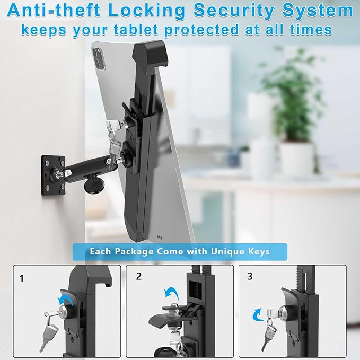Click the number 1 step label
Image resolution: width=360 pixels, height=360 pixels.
[x=22, y=278]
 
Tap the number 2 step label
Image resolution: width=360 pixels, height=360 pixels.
[x=139, y=276]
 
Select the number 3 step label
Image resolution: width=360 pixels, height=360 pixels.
[x=250, y=276]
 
